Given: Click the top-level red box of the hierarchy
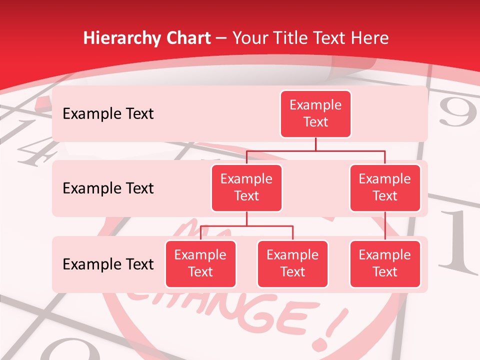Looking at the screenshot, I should point(315,113).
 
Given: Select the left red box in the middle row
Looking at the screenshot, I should point(246,187).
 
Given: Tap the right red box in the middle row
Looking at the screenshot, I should point(385,187).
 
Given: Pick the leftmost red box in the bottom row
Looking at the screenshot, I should point(200,263).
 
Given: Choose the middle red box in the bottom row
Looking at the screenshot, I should point(292,263).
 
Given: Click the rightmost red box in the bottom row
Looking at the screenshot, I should point(385,263).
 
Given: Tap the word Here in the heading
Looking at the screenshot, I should point(370,38).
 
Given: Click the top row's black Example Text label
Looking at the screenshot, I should point(108,114).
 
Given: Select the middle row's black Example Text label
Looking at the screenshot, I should point(108,188).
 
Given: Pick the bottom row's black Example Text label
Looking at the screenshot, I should point(108,264).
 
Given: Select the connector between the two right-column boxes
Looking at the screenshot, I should point(385,226).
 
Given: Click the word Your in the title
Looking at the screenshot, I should point(249,38).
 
